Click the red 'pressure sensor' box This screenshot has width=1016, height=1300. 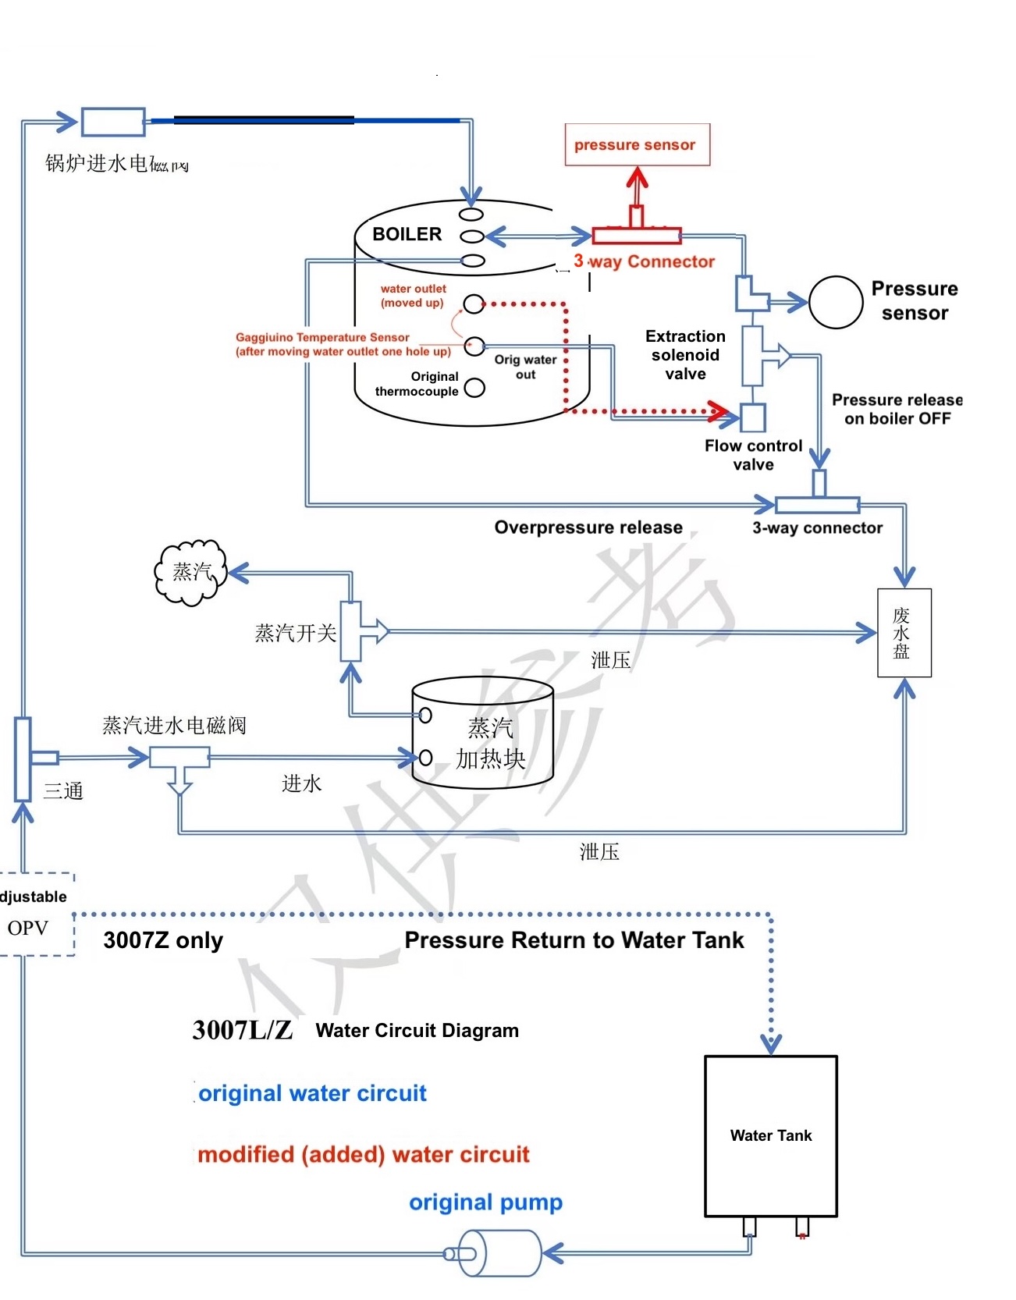coord(637,144)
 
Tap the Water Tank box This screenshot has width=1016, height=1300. coord(770,1135)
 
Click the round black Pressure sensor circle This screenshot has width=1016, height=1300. coord(835,302)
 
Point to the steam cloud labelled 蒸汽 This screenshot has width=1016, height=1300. coord(191,573)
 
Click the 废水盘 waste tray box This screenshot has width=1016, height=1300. coord(904,633)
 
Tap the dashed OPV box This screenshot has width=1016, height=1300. coord(35,914)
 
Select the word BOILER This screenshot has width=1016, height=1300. coord(407,234)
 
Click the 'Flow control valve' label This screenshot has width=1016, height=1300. coord(753,455)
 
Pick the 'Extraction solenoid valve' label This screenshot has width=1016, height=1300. coord(685,355)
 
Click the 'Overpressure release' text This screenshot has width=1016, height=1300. coord(588,527)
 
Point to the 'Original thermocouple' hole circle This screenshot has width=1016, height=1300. coord(474,388)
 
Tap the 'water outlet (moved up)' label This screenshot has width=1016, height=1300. coord(413,296)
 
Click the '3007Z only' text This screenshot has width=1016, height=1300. coord(163,940)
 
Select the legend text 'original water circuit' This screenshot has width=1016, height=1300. coord(312,1093)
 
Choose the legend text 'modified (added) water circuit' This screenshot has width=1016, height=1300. coord(364,1154)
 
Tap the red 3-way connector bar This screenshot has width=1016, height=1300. coord(636,235)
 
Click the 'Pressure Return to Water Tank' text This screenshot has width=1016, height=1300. coord(574,940)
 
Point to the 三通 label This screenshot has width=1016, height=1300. coord(63,791)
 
